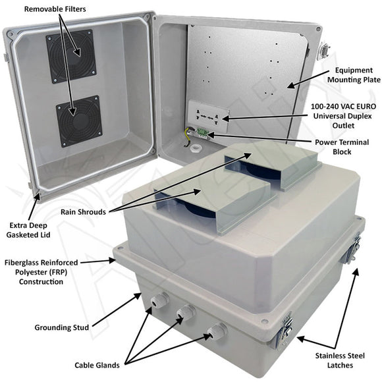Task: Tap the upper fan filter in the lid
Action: pyautogui.click(x=70, y=56)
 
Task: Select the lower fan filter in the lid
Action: pyautogui.click(x=78, y=121)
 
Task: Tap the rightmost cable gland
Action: pyautogui.click(x=215, y=331)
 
